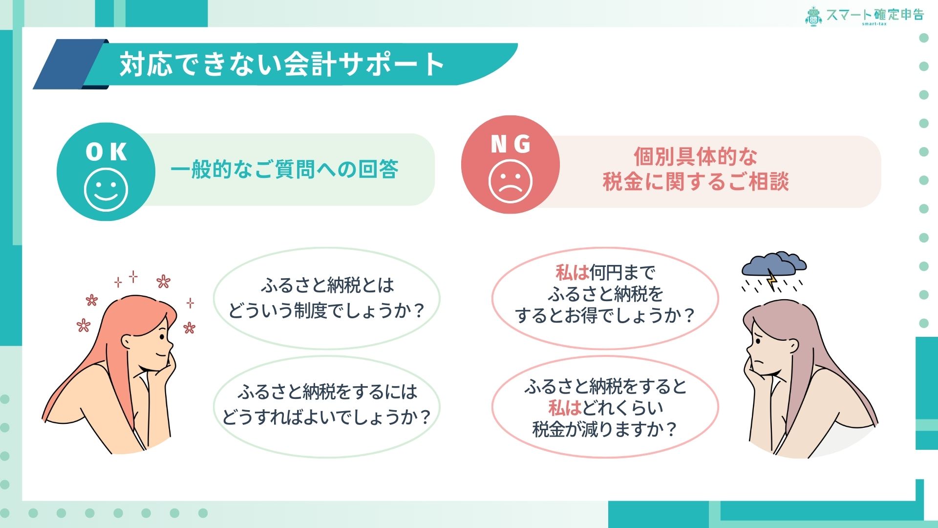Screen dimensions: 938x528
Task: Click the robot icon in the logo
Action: [x=813, y=16]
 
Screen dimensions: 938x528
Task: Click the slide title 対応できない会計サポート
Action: [x=282, y=64]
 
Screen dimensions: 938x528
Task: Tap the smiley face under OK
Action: [x=106, y=190]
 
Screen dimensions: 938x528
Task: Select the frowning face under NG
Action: [x=510, y=181]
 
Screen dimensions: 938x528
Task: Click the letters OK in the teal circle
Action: [x=106, y=152]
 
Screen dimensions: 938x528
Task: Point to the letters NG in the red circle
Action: [x=511, y=144]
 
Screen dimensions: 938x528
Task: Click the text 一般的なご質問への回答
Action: [x=284, y=170]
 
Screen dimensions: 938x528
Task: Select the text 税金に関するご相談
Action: [x=696, y=181]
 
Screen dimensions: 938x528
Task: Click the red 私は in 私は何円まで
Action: [x=572, y=272]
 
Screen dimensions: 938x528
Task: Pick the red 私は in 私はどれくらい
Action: [x=565, y=408]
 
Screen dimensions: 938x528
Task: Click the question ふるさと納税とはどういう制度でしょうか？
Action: [x=327, y=298]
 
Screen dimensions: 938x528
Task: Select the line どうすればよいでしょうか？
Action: [x=326, y=417]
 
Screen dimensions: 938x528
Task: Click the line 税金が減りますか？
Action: [x=604, y=429]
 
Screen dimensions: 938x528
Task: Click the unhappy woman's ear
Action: [x=792, y=346]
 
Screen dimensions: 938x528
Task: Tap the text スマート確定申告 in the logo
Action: [x=875, y=15]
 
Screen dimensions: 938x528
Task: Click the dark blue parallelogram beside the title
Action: [x=71, y=64]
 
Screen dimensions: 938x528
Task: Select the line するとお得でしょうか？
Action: [x=605, y=315]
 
